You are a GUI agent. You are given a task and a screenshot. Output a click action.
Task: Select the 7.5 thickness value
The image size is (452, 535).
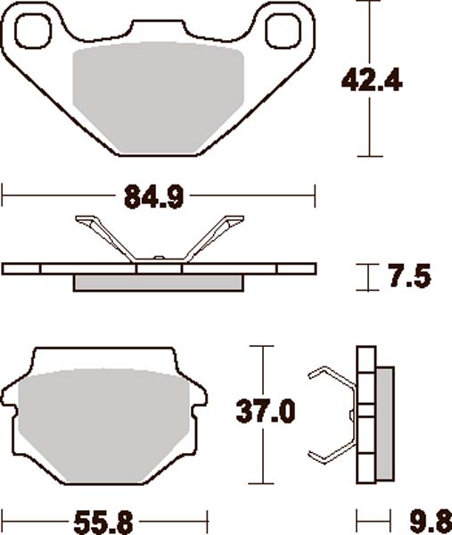coord(409,276)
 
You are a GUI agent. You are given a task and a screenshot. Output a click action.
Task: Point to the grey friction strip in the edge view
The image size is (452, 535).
coord(158,282)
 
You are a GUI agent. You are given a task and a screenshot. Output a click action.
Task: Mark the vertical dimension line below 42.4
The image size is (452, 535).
coord(368,125)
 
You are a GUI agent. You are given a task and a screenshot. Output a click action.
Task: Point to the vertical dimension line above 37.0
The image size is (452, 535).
coord(262,370)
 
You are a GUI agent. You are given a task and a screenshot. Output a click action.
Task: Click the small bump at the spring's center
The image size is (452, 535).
coord(158,259)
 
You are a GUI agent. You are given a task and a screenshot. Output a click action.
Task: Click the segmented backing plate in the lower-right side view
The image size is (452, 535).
coord(365,415)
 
